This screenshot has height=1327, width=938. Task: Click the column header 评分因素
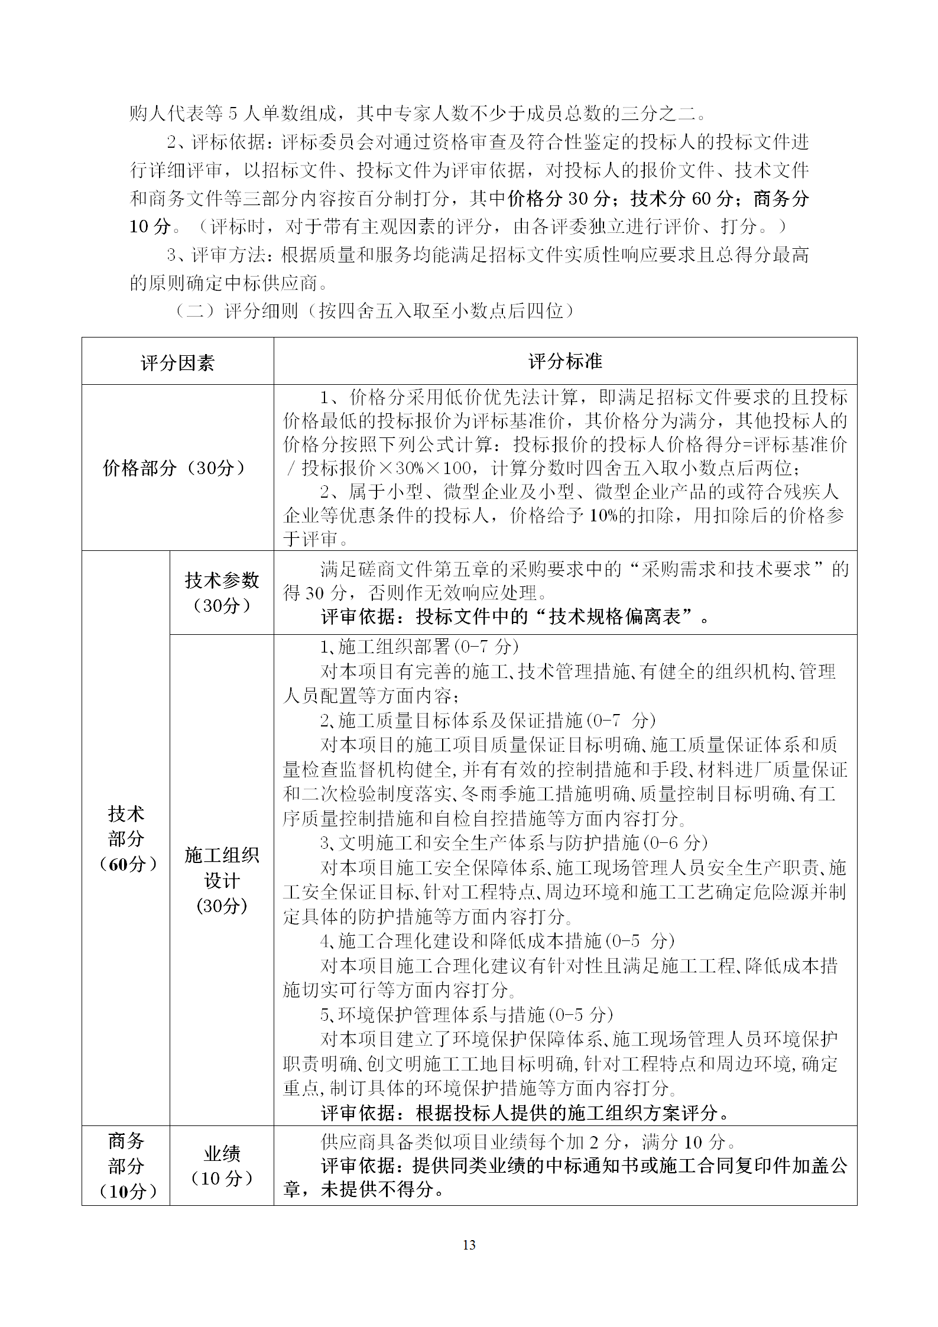[177, 362]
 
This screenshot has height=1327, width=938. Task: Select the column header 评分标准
[565, 361]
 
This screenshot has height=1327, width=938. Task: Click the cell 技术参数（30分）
[222, 592]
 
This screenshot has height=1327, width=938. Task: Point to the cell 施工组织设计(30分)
[222, 880]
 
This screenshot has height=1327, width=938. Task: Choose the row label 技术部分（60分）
[125, 839]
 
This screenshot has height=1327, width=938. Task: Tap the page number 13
[469, 1245]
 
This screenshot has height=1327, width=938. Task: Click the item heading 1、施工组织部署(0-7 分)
[419, 647]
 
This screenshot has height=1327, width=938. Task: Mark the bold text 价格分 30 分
[558, 199]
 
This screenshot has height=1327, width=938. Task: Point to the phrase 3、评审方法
[220, 255]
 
